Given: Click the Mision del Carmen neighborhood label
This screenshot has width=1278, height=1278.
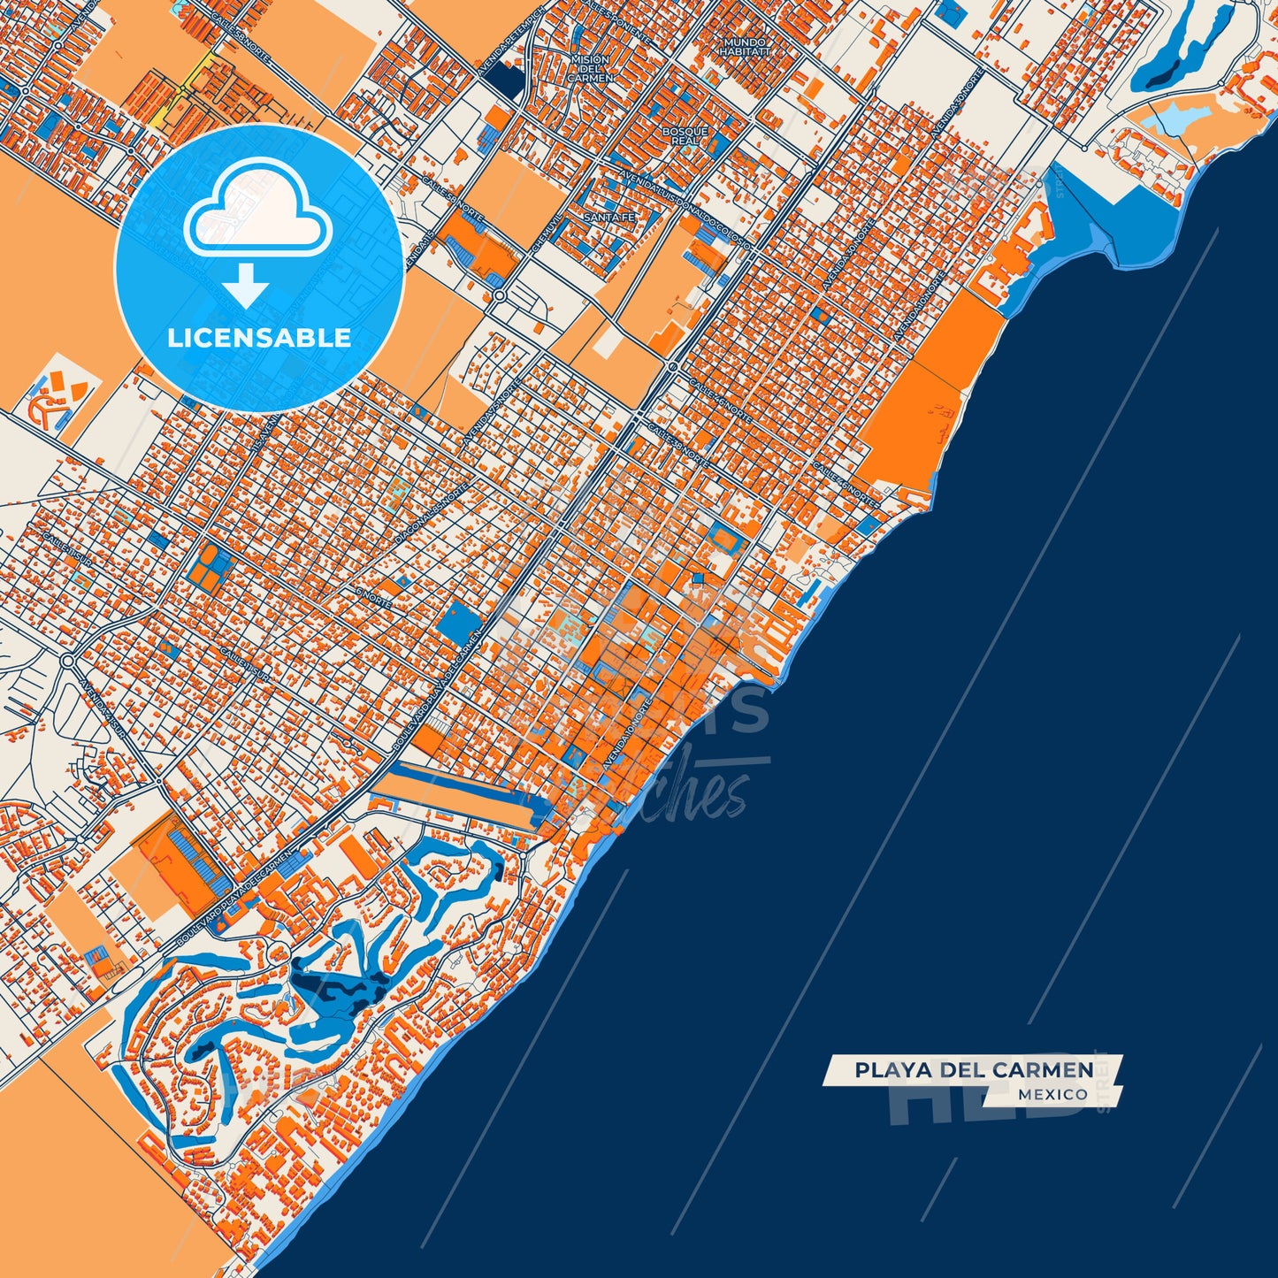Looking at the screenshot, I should point(590,69).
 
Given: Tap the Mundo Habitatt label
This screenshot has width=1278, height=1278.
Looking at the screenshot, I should point(745,47).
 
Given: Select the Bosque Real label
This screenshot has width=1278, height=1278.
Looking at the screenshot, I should point(685,136).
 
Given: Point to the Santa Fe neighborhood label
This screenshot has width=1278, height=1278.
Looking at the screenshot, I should point(609,218).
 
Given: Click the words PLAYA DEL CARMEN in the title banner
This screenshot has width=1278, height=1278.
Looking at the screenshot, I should point(974,1070).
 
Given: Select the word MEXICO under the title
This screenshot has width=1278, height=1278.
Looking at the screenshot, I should point(1052,1095).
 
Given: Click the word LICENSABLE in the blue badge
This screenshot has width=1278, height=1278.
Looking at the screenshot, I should point(259,338).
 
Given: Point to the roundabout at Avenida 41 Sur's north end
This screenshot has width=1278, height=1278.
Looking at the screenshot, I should point(68,660).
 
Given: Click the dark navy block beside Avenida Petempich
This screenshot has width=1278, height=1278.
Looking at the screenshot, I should point(505,80).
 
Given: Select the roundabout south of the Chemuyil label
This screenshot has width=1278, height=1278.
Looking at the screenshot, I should point(500,296).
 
